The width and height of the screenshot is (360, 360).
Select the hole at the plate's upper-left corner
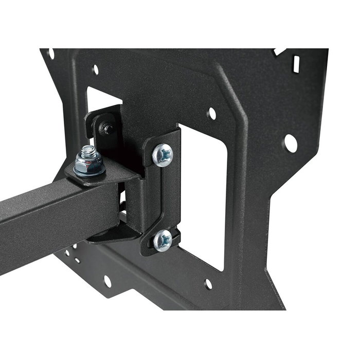51,53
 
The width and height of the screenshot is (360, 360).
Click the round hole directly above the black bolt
95,69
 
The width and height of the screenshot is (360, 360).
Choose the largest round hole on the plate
291,143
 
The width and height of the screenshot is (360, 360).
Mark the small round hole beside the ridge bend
211,114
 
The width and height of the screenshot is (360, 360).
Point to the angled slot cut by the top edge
280,52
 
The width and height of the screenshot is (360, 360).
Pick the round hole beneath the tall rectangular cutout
208,284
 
